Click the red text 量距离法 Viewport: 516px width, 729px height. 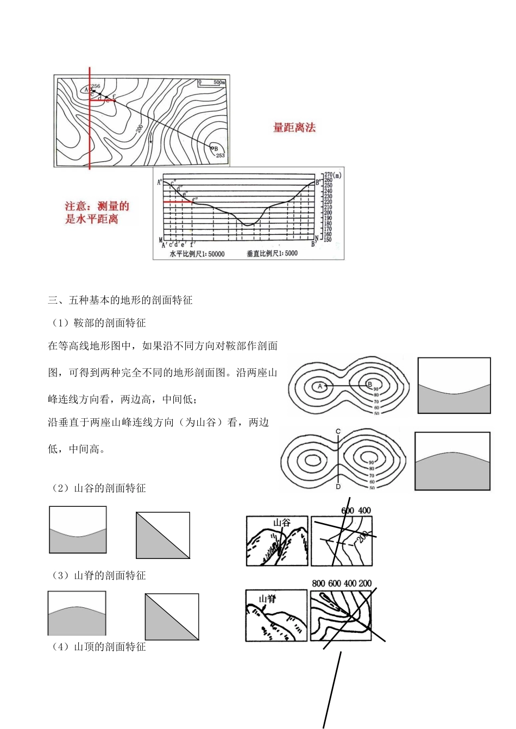(x=294, y=128)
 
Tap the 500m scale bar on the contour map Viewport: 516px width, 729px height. (x=211, y=83)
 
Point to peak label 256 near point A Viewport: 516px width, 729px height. (x=96, y=86)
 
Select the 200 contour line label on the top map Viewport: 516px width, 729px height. (x=140, y=128)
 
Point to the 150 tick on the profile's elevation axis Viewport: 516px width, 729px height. (x=328, y=240)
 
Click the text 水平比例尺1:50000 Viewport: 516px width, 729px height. (x=197, y=254)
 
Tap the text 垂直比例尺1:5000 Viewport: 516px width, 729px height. (x=272, y=254)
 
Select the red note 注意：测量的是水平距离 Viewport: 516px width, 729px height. (x=97, y=212)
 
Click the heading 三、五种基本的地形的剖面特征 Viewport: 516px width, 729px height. (x=120, y=300)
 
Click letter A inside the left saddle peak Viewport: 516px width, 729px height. (x=320, y=386)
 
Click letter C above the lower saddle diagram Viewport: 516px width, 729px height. (x=338, y=431)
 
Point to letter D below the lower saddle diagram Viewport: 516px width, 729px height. (x=338, y=486)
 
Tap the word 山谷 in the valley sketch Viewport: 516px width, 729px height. (x=282, y=523)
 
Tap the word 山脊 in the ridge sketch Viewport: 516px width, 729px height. (x=267, y=599)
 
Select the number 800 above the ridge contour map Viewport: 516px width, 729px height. (x=318, y=583)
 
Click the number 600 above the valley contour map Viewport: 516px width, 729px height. (x=348, y=511)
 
